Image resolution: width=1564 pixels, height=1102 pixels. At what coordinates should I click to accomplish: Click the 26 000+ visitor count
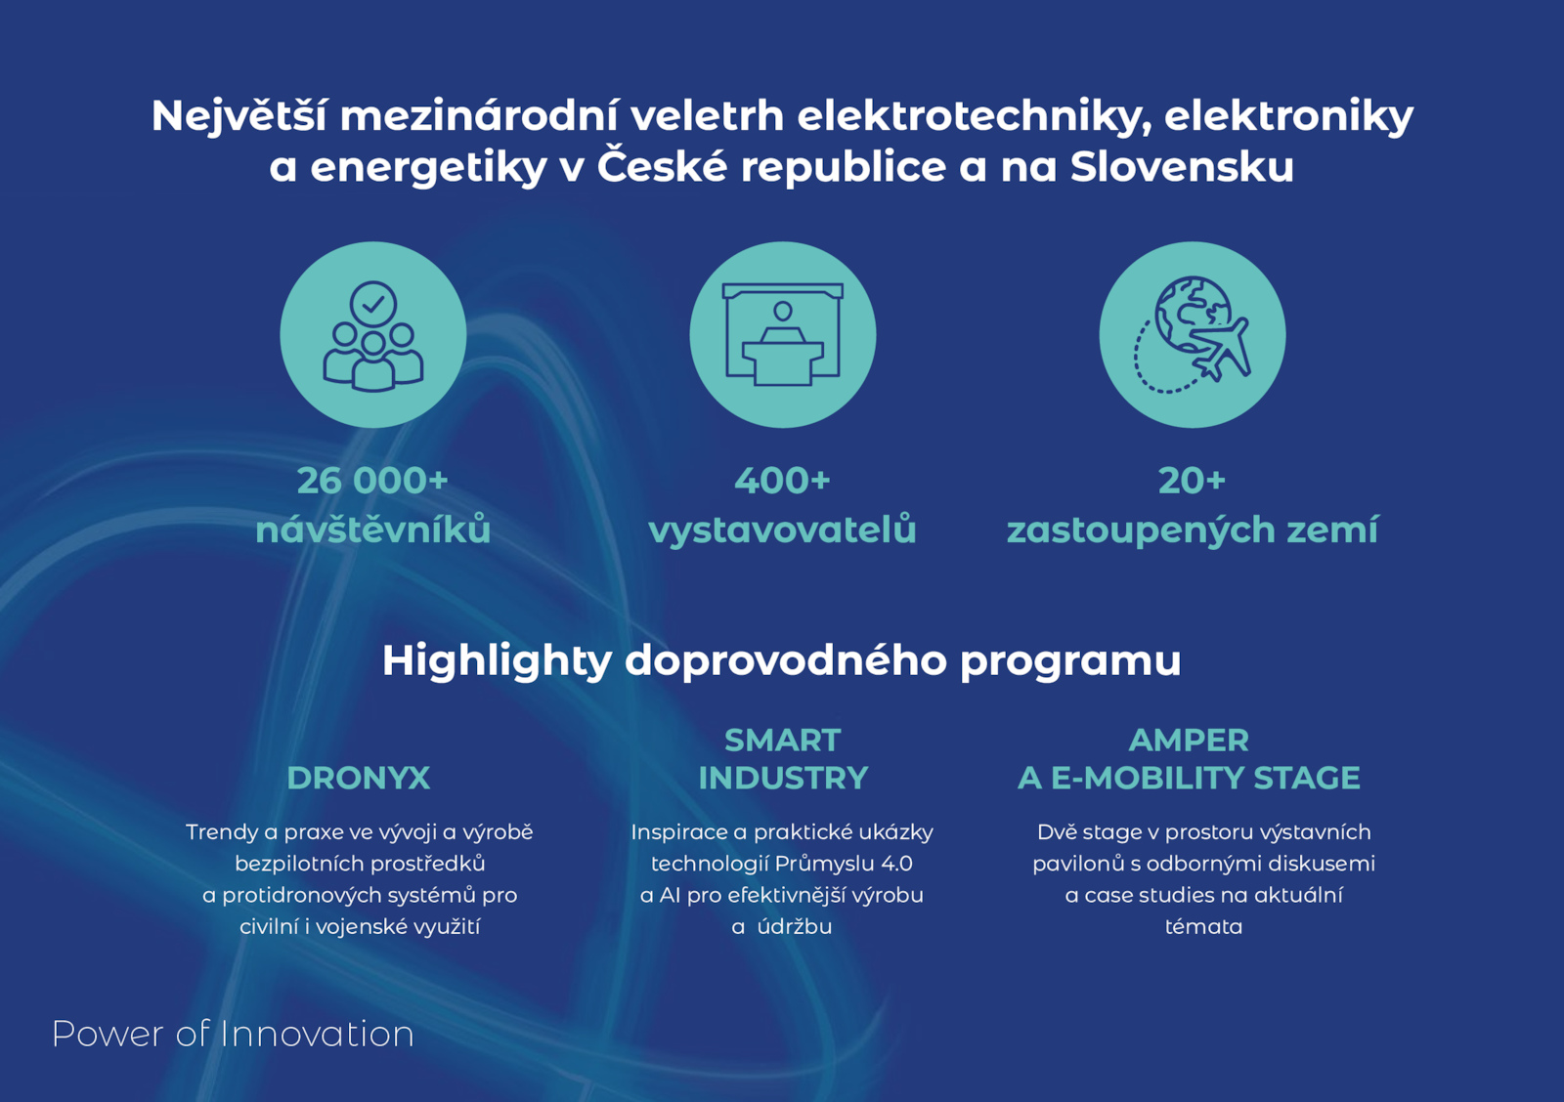[372, 480]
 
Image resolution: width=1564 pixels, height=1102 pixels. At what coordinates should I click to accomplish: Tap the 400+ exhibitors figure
[782, 480]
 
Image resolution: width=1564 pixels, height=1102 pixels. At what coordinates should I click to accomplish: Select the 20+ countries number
[1192, 480]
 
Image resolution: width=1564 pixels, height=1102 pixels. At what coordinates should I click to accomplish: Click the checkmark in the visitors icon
[373, 304]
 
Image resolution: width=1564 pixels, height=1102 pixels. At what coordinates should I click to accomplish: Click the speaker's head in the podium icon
[783, 312]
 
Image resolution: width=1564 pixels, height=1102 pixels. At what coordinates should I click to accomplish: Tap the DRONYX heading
[358, 779]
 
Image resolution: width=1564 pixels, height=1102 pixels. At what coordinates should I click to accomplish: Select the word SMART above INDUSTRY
[782, 741]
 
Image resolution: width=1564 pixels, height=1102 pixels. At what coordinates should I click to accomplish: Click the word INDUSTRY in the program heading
[783, 779]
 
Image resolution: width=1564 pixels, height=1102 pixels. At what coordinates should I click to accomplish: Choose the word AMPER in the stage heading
[1189, 741]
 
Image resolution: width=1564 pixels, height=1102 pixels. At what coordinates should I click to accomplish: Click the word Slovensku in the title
[1182, 167]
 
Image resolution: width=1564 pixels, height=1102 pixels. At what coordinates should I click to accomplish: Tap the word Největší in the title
[239, 116]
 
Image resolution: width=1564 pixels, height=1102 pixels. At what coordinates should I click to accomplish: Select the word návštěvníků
[372, 529]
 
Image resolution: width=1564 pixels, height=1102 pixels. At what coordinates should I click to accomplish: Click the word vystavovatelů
[782, 530]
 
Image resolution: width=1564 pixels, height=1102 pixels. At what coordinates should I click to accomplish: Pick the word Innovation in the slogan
[317, 1034]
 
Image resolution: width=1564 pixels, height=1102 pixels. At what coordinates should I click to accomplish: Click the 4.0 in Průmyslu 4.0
[896, 864]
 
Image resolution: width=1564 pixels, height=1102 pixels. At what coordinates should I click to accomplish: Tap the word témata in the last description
[1203, 927]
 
